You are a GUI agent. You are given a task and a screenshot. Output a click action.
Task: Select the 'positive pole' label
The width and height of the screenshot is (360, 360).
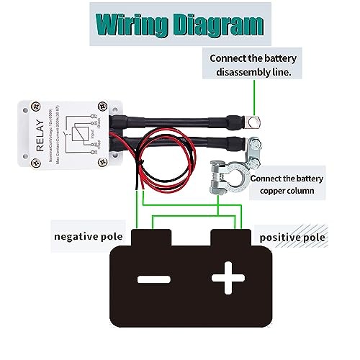pos(292,236)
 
